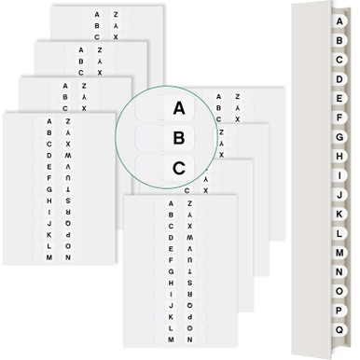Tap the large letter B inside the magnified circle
pos(179,138)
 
